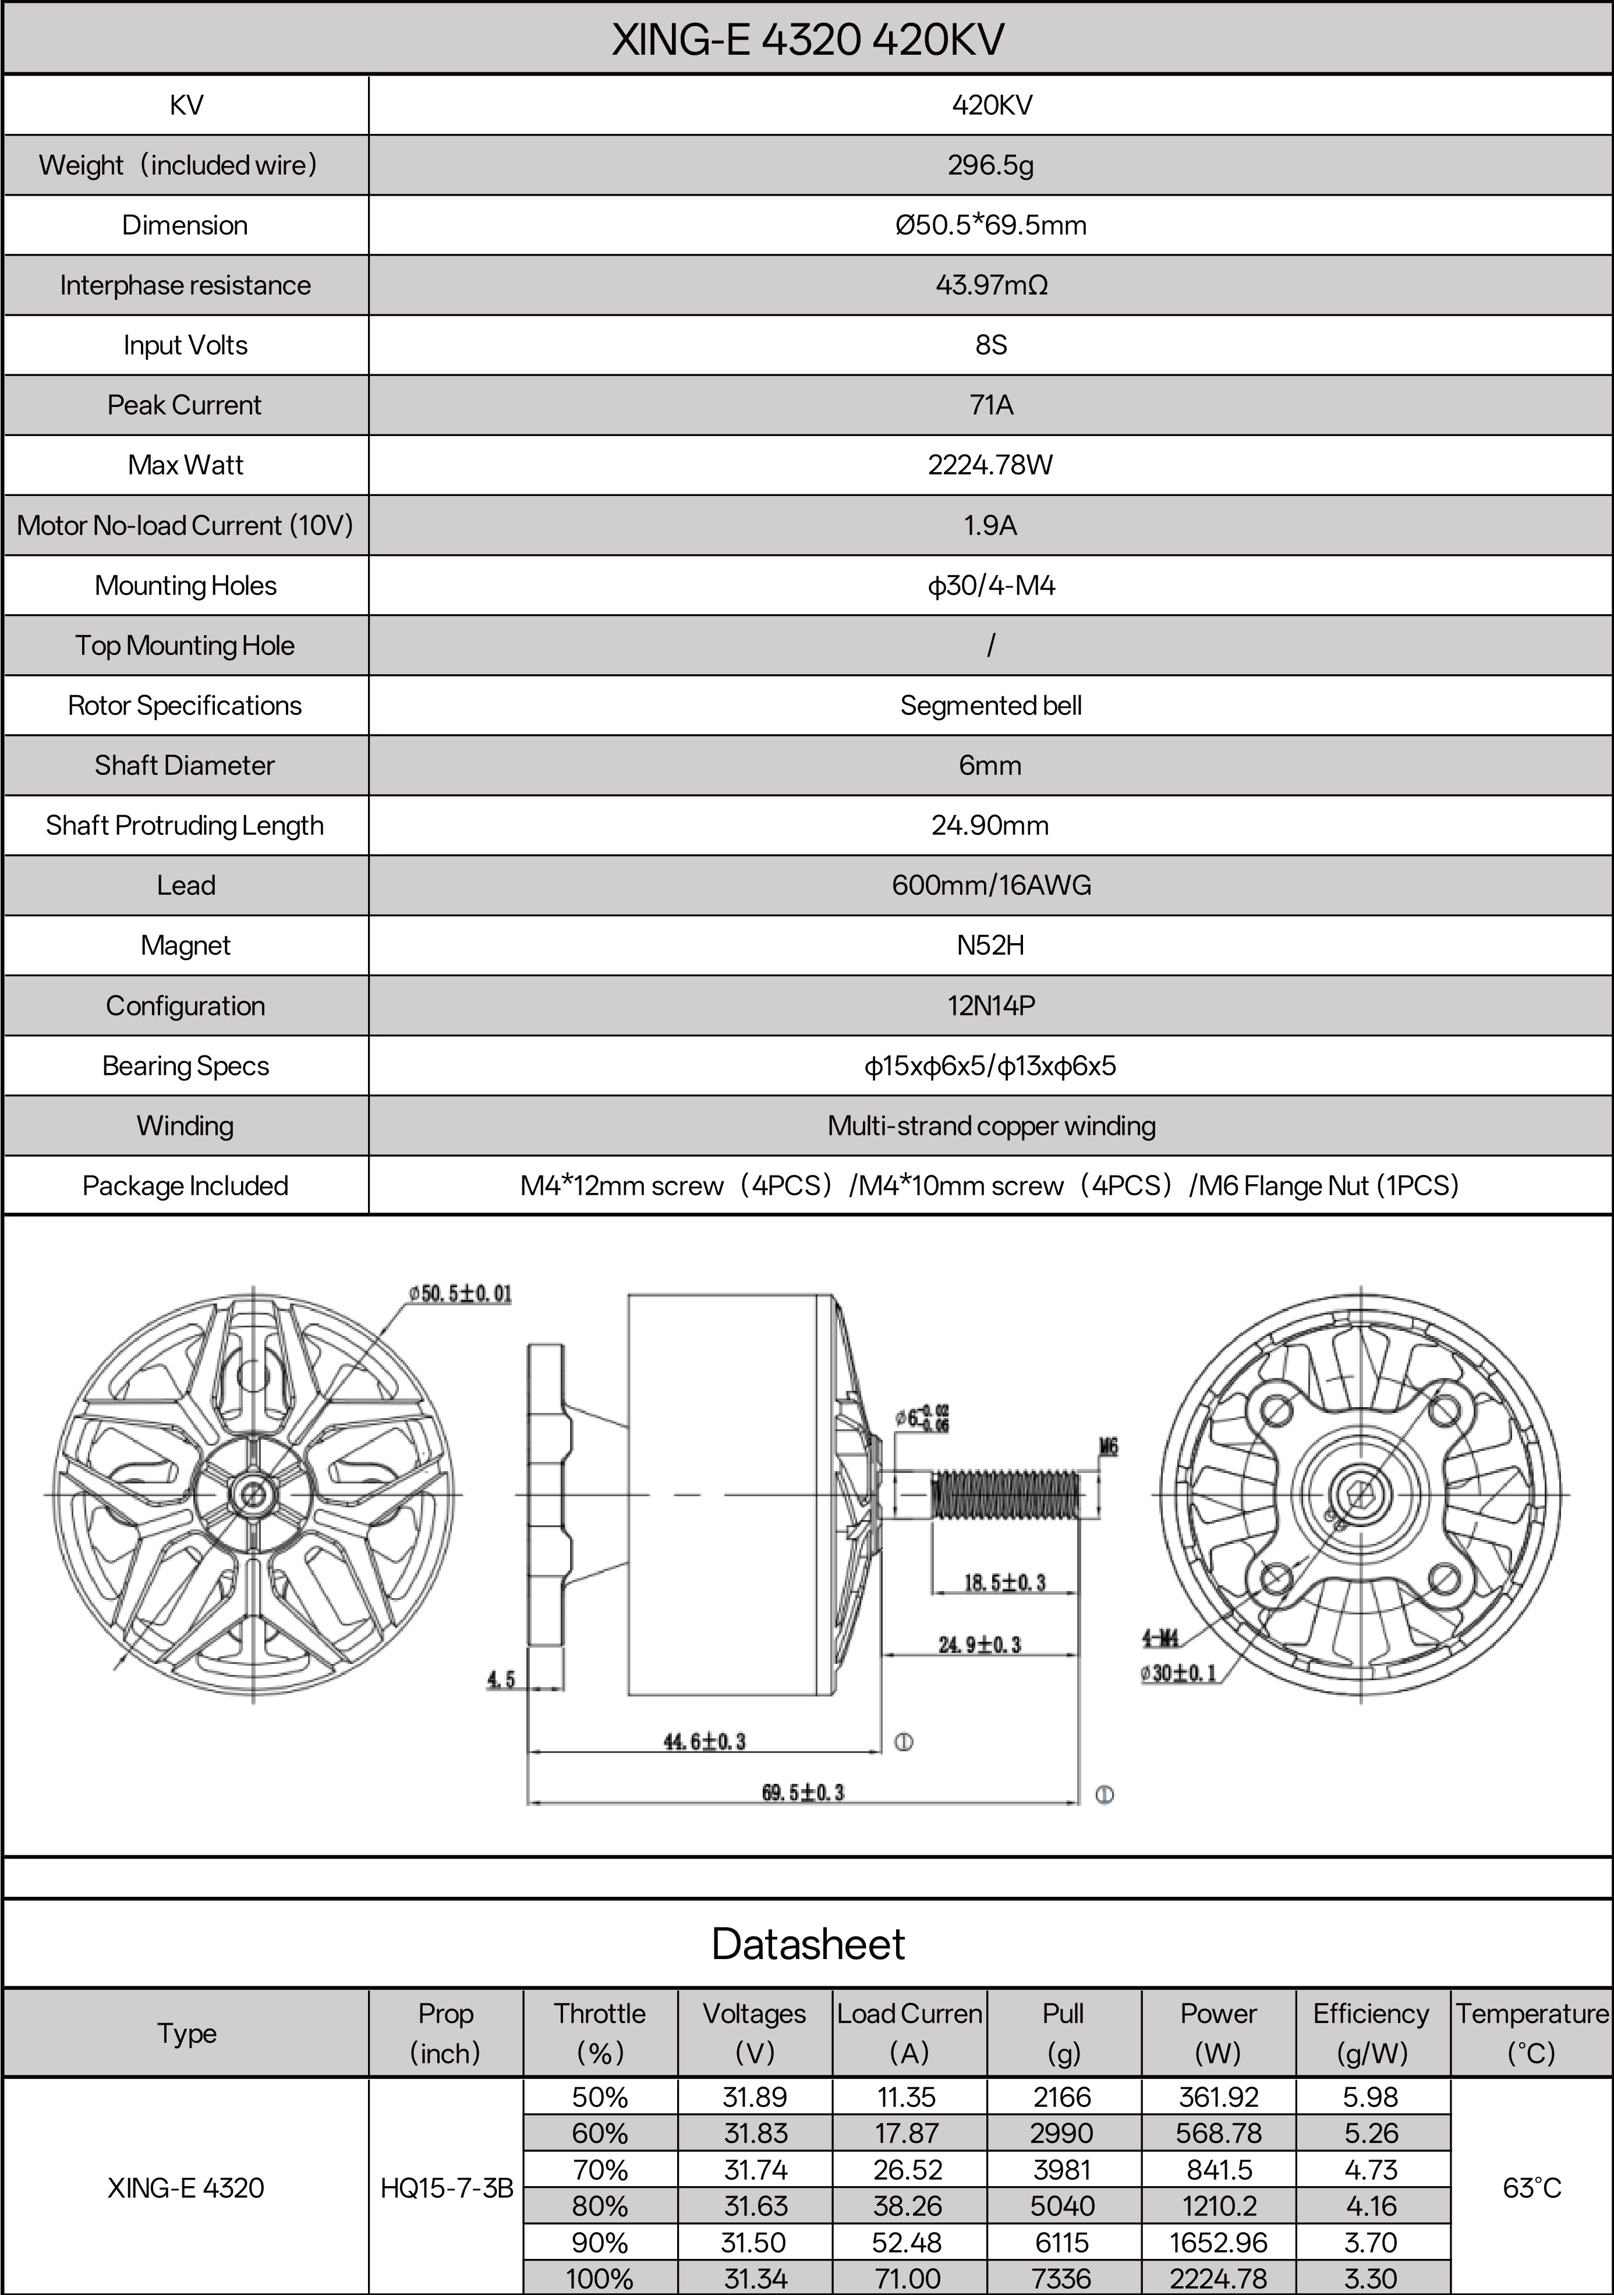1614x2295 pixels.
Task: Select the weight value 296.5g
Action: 990,165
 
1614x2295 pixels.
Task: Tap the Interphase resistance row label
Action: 185,285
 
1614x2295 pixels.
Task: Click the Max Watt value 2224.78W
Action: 990,465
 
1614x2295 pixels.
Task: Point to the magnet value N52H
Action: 990,944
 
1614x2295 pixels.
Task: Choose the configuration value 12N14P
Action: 990,1005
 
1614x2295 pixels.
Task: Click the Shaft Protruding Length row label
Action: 185,826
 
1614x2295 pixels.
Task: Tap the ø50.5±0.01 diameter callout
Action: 460,1294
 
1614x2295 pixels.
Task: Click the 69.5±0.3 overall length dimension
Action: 802,1792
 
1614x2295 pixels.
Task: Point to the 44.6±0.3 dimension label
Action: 705,1741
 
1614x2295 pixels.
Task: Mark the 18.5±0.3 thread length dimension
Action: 1004,1582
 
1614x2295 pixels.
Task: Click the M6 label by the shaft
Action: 1108,1446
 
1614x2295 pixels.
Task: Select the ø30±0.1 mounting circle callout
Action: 1179,1672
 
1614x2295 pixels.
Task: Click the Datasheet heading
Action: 808,1944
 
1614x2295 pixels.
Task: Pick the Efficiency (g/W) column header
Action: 1371,2033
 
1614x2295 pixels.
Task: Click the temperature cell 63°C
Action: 1531,2188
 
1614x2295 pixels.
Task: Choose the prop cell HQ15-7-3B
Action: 447,2188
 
